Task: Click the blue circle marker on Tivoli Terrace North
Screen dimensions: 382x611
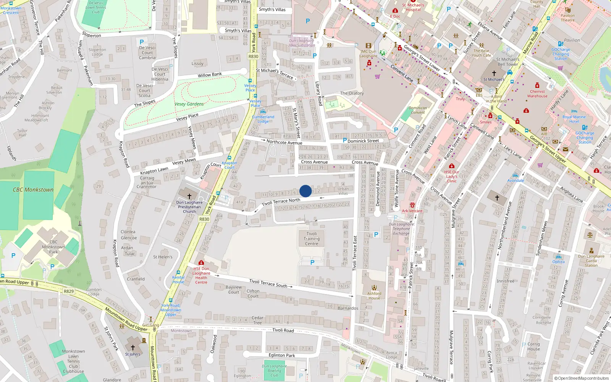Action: click(305, 191)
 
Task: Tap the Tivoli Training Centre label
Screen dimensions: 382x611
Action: click(312, 239)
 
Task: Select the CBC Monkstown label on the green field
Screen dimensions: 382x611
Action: click(33, 189)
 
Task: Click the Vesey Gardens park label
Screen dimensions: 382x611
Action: click(189, 104)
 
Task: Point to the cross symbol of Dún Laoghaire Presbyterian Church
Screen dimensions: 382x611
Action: click(189, 196)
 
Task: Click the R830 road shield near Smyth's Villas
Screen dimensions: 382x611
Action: click(254, 57)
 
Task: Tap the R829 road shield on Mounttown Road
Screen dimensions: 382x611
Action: click(69, 291)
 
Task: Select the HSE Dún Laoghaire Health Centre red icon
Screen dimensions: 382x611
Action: click(201, 262)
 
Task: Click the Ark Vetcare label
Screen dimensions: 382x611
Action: click(412, 211)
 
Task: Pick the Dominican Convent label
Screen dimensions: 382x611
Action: click(418, 110)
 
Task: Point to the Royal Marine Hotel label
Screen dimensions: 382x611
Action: click(574, 119)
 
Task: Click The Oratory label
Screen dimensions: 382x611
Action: click(352, 93)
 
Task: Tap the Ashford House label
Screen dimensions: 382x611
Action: click(374, 296)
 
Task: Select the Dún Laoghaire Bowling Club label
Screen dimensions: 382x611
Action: click(274, 371)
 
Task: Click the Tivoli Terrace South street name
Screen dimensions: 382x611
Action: click(268, 283)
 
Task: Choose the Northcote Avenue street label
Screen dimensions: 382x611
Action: click(284, 142)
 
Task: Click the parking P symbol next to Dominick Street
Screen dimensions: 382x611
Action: click(344, 140)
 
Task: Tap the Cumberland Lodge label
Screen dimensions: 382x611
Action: click(263, 119)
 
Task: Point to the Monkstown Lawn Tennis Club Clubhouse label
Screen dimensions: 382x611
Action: click(73, 361)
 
